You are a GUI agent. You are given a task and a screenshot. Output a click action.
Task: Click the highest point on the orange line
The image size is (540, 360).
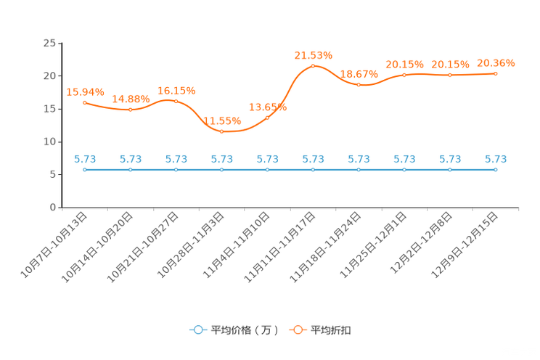[x=313, y=66]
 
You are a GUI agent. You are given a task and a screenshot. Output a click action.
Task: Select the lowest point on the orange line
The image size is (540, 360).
[x=221, y=132]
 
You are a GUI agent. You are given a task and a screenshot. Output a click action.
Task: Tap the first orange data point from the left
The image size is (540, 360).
[x=85, y=103]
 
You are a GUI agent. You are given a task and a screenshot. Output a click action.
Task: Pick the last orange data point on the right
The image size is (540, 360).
[x=496, y=73]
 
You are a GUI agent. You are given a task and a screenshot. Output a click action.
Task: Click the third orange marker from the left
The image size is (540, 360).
[x=176, y=102]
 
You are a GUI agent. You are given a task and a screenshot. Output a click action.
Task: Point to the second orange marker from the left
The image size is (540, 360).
[x=131, y=110]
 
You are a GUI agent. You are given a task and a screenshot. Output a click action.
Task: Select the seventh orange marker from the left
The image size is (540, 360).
[x=359, y=84]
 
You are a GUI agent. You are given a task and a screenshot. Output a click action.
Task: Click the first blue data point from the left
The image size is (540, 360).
[x=85, y=169]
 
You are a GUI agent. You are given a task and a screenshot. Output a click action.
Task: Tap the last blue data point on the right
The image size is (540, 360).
[x=496, y=169]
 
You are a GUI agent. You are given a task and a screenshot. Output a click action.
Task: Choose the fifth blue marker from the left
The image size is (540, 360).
[x=267, y=169]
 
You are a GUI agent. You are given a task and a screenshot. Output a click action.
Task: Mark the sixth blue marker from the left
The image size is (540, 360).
[x=313, y=169]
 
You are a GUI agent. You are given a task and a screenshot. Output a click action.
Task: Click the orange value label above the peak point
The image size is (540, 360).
[x=313, y=54]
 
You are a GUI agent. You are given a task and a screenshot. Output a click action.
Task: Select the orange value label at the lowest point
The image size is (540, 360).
[x=221, y=120]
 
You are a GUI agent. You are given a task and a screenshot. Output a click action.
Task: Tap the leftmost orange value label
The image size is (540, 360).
[x=85, y=92]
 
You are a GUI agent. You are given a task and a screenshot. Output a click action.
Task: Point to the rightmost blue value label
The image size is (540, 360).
[x=496, y=158]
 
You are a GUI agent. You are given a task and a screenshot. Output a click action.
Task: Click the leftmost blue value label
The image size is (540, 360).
[x=85, y=158]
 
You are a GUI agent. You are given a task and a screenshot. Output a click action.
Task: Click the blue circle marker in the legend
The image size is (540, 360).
[x=198, y=330]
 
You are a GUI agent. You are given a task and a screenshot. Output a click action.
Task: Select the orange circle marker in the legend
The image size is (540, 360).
[x=298, y=330]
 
